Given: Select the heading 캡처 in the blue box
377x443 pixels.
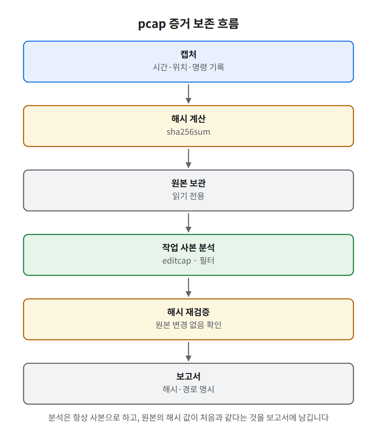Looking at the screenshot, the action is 188,54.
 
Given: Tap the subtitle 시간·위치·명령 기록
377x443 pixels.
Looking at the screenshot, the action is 188,67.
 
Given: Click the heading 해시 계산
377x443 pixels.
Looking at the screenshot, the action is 188,119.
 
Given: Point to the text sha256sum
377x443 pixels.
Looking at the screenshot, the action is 188,132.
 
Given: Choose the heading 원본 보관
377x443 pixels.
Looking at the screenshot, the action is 188,183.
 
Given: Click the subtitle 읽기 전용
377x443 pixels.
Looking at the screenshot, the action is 188,196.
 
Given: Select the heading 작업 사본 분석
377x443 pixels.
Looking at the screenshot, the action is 188,248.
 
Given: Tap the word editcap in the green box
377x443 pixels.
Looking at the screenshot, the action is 177,261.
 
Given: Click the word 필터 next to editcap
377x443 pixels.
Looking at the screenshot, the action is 207,261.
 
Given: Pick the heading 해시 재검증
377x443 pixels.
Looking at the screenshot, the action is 188,312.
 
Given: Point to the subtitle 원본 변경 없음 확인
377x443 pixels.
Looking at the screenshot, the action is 188,325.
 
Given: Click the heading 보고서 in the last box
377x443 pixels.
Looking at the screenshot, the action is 188,377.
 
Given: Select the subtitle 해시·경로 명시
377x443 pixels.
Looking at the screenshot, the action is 188,389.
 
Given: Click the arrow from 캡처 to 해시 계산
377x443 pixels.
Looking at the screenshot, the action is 188,94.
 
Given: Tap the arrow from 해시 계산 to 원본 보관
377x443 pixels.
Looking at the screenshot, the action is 188,159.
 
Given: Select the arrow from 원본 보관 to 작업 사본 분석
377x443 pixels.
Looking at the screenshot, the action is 188,223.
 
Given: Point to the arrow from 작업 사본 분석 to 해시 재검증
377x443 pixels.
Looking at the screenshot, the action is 188,287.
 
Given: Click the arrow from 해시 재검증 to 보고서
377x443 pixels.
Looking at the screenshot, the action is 188,352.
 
